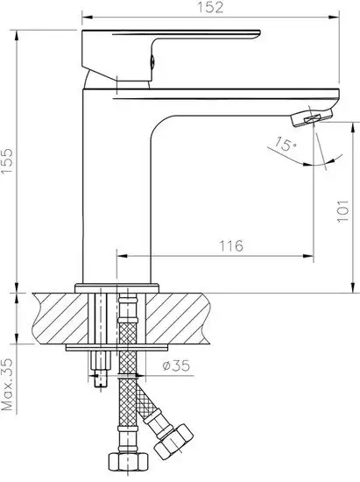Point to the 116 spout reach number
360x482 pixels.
232,245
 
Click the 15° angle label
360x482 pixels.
283,142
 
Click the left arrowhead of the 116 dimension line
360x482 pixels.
120,257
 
